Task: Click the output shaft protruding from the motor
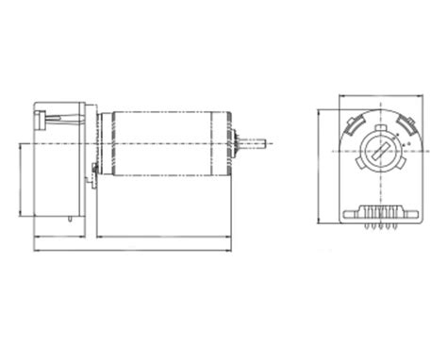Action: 257,143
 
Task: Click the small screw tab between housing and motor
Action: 92,171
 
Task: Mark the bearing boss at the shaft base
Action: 238,143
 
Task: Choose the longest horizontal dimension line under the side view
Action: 131,250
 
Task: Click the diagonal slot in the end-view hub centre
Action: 375,150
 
